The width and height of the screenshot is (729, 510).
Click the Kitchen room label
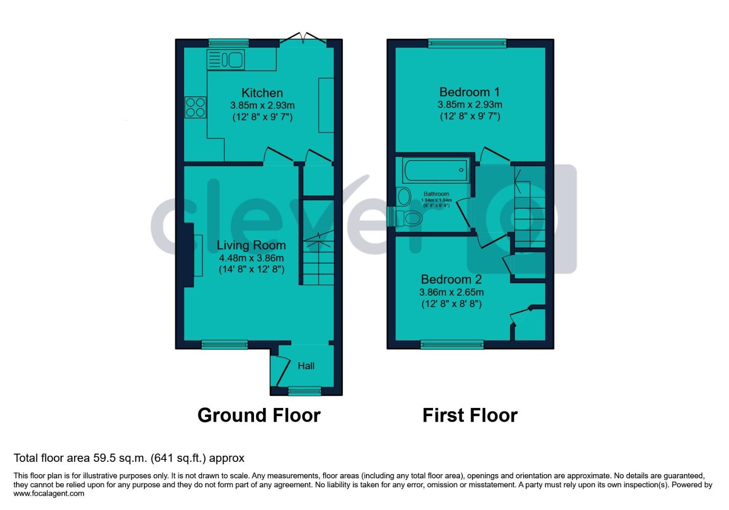pyautogui.click(x=262, y=93)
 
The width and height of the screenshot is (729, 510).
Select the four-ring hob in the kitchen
pyautogui.click(x=195, y=107)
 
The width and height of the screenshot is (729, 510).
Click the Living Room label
pyautogui.click(x=251, y=245)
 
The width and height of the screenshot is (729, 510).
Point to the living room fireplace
pyautogui.click(x=189, y=255)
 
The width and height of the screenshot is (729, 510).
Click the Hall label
pyautogui.click(x=306, y=366)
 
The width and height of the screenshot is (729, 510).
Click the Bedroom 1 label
pyautogui.click(x=469, y=92)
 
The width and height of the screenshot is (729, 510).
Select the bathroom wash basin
pyautogui.click(x=404, y=196)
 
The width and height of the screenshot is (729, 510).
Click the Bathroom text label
pyautogui.click(x=436, y=194)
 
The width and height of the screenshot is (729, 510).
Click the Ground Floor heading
pyautogui.click(x=259, y=415)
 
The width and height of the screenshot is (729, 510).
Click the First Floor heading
pyautogui.click(x=470, y=415)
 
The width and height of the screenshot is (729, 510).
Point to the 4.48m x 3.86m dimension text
pyautogui.click(x=251, y=258)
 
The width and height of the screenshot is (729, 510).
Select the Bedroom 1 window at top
pyautogui.click(x=467, y=43)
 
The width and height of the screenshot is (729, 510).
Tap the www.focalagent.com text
pyautogui.click(x=49, y=493)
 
